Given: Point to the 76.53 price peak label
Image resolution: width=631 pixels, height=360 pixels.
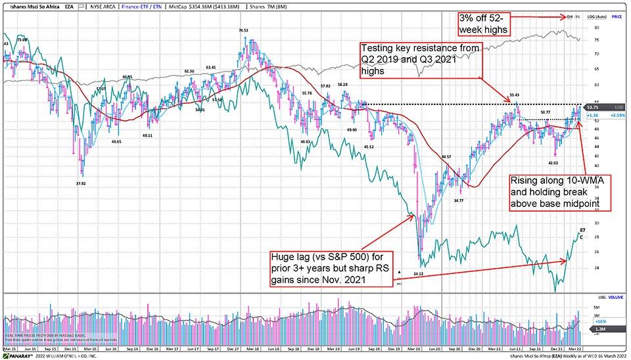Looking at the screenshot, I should click(243, 30).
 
